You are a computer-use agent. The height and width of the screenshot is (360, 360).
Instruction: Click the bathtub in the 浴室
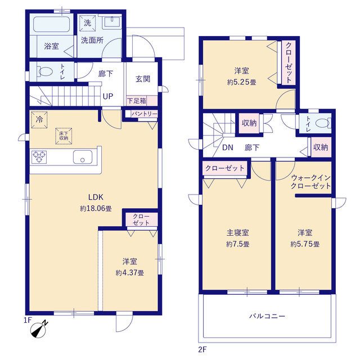point(52,24)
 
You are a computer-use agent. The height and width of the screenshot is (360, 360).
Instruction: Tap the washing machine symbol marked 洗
point(88,23)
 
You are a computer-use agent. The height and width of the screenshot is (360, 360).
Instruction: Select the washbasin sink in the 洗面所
point(112,22)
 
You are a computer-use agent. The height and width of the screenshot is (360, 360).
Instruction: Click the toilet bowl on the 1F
point(46,71)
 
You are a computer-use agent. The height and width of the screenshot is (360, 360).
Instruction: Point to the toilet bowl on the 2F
point(323,123)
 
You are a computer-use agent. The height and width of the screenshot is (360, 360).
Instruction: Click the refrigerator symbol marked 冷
point(39,120)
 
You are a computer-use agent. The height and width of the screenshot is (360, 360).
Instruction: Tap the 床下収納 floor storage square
point(64,136)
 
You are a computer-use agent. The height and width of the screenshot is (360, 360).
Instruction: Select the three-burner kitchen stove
point(39,157)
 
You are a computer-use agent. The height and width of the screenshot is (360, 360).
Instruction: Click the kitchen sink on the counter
point(83,157)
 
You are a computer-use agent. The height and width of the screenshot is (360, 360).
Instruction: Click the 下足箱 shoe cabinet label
point(137,101)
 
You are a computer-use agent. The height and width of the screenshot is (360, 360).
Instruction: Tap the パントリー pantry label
point(145,114)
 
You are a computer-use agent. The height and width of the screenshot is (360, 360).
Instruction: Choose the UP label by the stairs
point(108,96)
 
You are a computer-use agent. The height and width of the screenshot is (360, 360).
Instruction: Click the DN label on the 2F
point(228,147)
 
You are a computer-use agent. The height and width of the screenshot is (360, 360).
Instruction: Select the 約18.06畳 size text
point(96,209)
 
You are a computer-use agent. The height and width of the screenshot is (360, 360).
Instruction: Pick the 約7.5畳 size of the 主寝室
point(237,244)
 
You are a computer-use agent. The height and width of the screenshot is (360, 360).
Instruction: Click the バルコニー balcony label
point(267,316)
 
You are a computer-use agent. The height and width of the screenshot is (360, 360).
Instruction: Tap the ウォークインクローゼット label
point(311,182)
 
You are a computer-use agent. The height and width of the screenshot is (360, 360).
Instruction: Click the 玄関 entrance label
point(143,79)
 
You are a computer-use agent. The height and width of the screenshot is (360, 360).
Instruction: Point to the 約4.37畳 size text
point(130,273)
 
